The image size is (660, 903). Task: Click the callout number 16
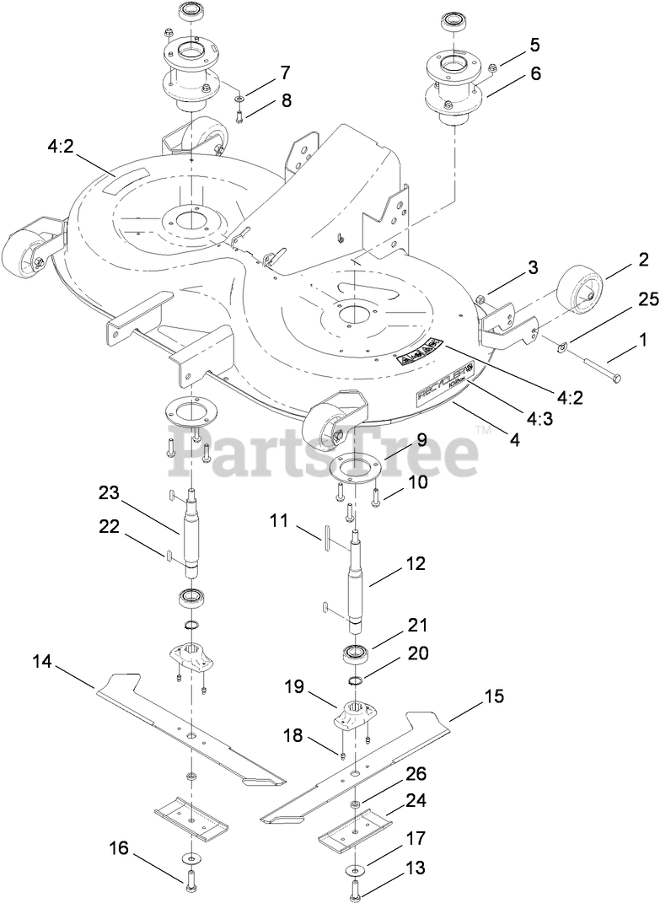(x=120, y=847)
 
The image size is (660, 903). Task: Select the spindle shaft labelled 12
(x=357, y=582)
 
